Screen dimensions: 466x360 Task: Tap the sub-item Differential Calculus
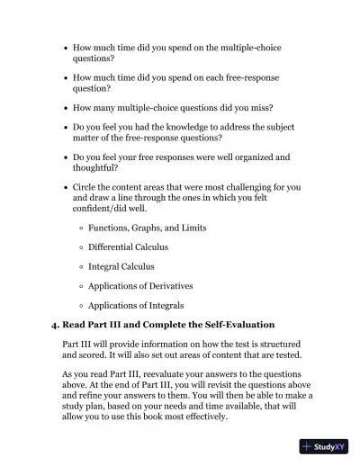pyautogui.click(x=128, y=247)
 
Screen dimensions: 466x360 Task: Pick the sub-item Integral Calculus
pyautogui.click(x=121, y=266)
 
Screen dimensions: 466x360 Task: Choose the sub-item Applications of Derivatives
pyautogui.click(x=140, y=286)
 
